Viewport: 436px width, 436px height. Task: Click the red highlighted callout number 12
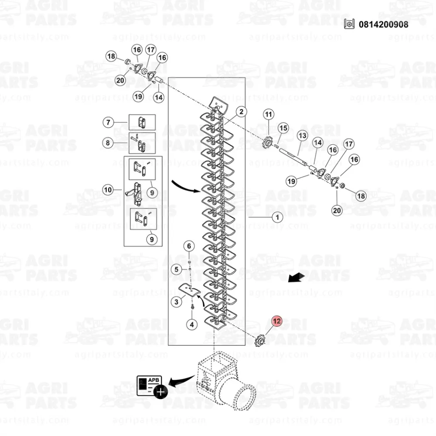point(277,321)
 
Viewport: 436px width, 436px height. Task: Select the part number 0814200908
point(383,24)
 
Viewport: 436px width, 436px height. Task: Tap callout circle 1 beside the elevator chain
point(277,217)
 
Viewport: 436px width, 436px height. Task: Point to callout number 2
point(242,112)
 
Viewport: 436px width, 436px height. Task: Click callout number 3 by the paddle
point(176,302)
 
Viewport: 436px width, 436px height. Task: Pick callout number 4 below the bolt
point(192,324)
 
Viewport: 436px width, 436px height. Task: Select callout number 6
point(189,246)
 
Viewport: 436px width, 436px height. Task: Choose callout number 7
point(109,122)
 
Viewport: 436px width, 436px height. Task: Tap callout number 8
point(108,143)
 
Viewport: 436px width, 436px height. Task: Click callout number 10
point(108,190)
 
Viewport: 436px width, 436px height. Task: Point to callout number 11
point(268,114)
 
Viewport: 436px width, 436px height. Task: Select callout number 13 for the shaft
point(303,136)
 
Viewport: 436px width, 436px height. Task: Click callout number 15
point(283,128)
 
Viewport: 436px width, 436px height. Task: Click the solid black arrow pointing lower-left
point(296,277)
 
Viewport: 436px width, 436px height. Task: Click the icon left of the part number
point(349,24)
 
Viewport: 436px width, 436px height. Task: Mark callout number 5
point(176,269)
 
